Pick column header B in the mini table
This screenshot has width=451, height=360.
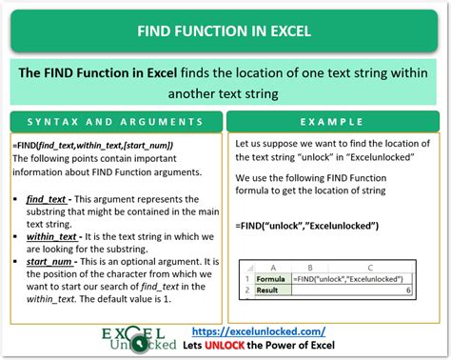274,269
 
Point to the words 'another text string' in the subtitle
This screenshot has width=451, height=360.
225,94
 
